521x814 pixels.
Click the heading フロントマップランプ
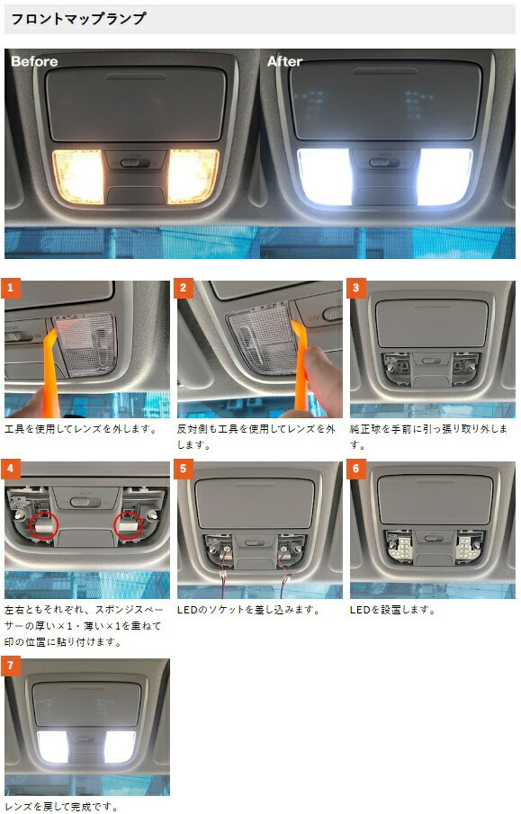pos(78,19)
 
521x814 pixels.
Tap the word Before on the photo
pos(34,61)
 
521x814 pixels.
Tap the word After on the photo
pos(284,61)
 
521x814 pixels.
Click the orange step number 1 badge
pos(11,288)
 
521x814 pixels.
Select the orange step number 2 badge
pos(183,288)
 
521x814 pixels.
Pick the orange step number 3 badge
pos(355,288)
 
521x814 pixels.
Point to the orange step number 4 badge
pos(11,469)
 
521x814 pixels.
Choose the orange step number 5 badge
pos(183,469)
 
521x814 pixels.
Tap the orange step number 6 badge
pos(355,469)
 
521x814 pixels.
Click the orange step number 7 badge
pos(11,666)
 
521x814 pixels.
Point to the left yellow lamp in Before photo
pos(78,175)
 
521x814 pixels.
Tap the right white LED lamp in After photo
pos(445,176)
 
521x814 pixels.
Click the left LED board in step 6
pos(400,547)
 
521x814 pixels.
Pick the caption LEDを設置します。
pos(392,610)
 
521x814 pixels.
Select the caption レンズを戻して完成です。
pos(61,806)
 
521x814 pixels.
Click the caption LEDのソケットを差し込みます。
pos(248,610)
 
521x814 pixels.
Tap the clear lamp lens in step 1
pos(86,344)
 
